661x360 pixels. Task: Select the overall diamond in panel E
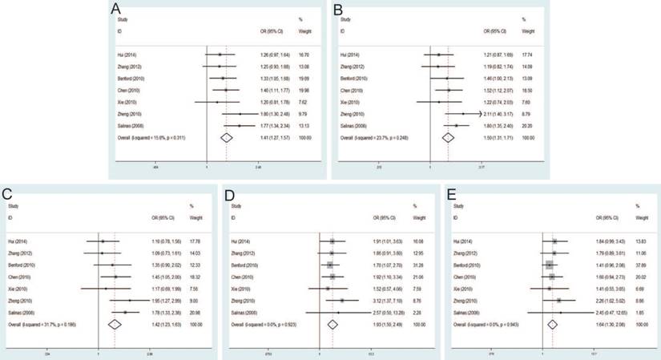coord(552,324)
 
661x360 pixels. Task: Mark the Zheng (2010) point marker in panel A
coord(239,114)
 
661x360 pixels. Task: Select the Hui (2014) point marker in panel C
coord(103,241)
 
